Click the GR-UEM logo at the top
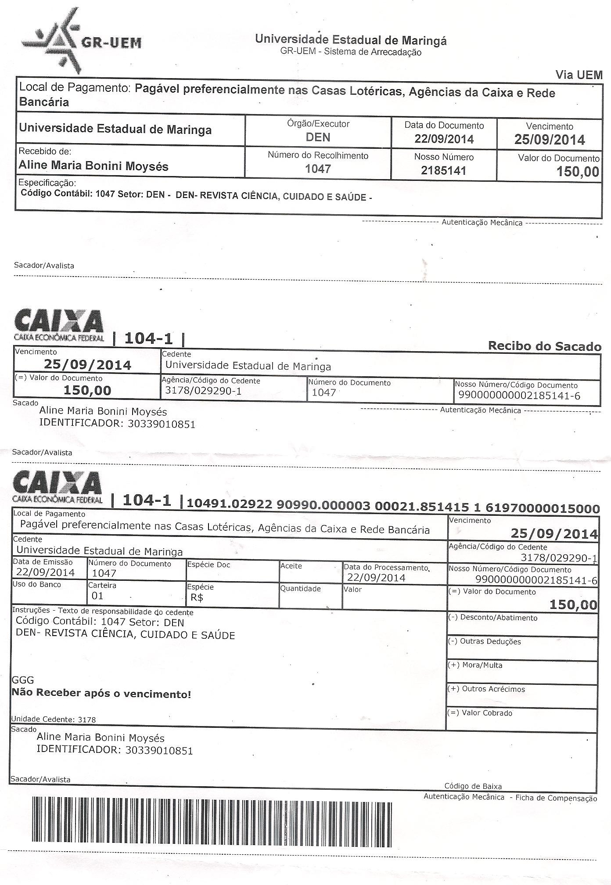tap(81, 41)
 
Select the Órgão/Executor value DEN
tap(318, 137)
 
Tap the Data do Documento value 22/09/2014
tap(444, 139)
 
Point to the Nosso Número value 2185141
tap(443, 171)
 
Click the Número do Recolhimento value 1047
tap(318, 169)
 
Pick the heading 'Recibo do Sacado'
tap(544, 346)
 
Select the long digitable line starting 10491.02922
tap(393, 508)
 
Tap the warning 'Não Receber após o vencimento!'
tap(101, 694)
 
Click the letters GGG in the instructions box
tap(23, 680)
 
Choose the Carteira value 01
tap(97, 596)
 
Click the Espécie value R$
tap(197, 597)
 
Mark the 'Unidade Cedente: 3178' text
tap(53, 720)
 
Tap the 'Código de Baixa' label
tap(473, 786)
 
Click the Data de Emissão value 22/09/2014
tap(45, 572)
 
